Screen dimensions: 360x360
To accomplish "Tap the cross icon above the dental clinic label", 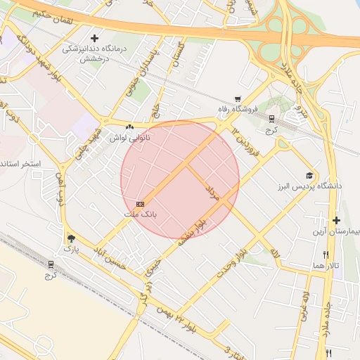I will click(x=95, y=37).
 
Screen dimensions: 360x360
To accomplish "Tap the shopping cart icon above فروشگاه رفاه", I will click(x=238, y=99).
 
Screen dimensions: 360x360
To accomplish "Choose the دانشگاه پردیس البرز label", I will click(x=309, y=186).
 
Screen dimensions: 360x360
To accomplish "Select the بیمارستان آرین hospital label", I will click(x=335, y=231).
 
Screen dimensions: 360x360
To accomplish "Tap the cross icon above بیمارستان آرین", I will click(x=336, y=220).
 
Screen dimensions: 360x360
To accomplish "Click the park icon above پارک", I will click(x=70, y=239).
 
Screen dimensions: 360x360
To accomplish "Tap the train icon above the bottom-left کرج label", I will click(x=51, y=264).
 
